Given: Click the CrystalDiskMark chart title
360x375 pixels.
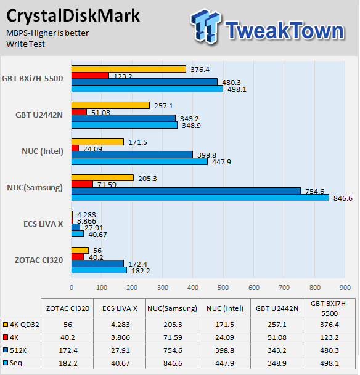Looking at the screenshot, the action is [x=73, y=16].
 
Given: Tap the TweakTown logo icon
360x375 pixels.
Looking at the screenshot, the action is [x=206, y=26].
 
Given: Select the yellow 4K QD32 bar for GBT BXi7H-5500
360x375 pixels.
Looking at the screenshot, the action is [x=129, y=69].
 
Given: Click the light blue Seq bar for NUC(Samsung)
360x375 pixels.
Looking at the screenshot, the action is [x=200, y=198].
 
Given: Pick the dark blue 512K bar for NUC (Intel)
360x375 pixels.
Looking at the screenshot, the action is [x=132, y=155].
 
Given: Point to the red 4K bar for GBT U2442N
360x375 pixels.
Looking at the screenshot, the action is [x=79, y=111].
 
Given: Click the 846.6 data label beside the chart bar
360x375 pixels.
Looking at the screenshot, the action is [x=343, y=198].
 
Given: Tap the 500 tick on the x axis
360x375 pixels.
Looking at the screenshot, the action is [x=223, y=288].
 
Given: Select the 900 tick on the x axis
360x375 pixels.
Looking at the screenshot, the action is [x=345, y=288].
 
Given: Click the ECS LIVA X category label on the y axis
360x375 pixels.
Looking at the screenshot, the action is [x=43, y=224].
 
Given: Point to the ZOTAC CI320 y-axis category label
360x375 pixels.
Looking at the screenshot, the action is [x=39, y=260].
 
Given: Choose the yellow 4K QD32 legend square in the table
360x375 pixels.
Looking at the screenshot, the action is [x=6, y=325].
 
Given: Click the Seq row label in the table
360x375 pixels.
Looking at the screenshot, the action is [x=16, y=363].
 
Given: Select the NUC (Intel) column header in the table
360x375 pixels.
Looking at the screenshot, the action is [x=225, y=308].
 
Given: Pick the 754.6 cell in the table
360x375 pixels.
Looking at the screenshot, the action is [x=173, y=350].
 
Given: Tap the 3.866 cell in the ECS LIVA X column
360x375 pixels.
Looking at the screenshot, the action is [x=120, y=337].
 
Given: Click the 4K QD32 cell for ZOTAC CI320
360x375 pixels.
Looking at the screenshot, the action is [x=68, y=325].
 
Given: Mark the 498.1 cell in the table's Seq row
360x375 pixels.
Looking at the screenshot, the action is [x=329, y=363].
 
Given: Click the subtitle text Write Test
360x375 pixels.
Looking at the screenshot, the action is [x=25, y=44].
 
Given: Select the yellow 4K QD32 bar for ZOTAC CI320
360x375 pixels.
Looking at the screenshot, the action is [x=80, y=251].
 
